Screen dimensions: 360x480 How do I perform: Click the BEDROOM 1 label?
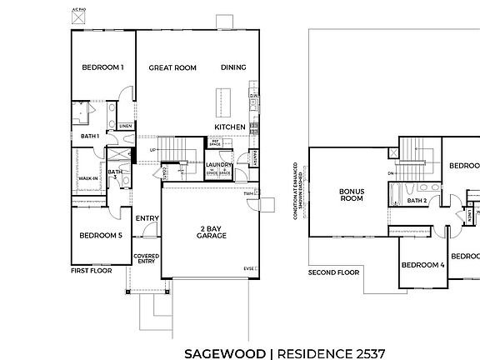[x=102, y=67]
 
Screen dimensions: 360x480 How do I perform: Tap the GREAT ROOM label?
[x=172, y=67]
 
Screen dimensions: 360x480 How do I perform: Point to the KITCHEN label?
[x=229, y=127]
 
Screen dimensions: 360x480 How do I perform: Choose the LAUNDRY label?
[x=218, y=165]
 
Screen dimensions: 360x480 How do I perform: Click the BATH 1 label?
[x=90, y=136]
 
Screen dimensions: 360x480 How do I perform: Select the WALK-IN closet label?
[x=88, y=178]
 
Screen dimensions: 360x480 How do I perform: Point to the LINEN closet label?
[x=125, y=127]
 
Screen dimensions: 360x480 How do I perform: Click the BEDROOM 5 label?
[x=101, y=236]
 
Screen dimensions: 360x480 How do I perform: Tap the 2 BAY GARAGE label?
[x=209, y=232]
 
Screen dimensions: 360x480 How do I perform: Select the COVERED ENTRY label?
[x=147, y=259]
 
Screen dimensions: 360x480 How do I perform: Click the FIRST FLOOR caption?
[x=92, y=272]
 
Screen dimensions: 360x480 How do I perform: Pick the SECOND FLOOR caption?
[x=333, y=272]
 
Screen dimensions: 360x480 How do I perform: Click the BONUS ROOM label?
[x=351, y=195]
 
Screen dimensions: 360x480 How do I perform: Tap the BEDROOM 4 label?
[x=422, y=265]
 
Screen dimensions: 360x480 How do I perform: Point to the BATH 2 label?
[x=417, y=201]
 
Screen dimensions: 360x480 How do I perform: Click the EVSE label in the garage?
[x=248, y=269]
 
